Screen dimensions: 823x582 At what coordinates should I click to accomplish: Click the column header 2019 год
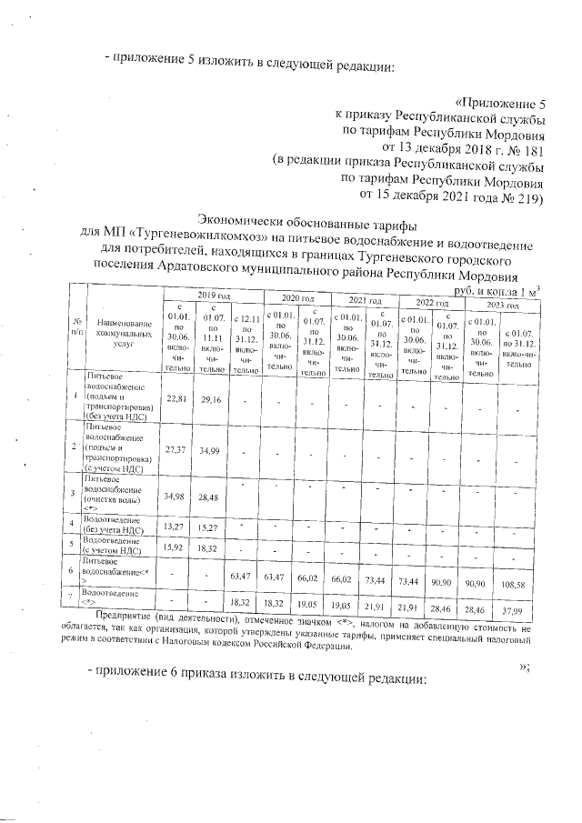point(212,296)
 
